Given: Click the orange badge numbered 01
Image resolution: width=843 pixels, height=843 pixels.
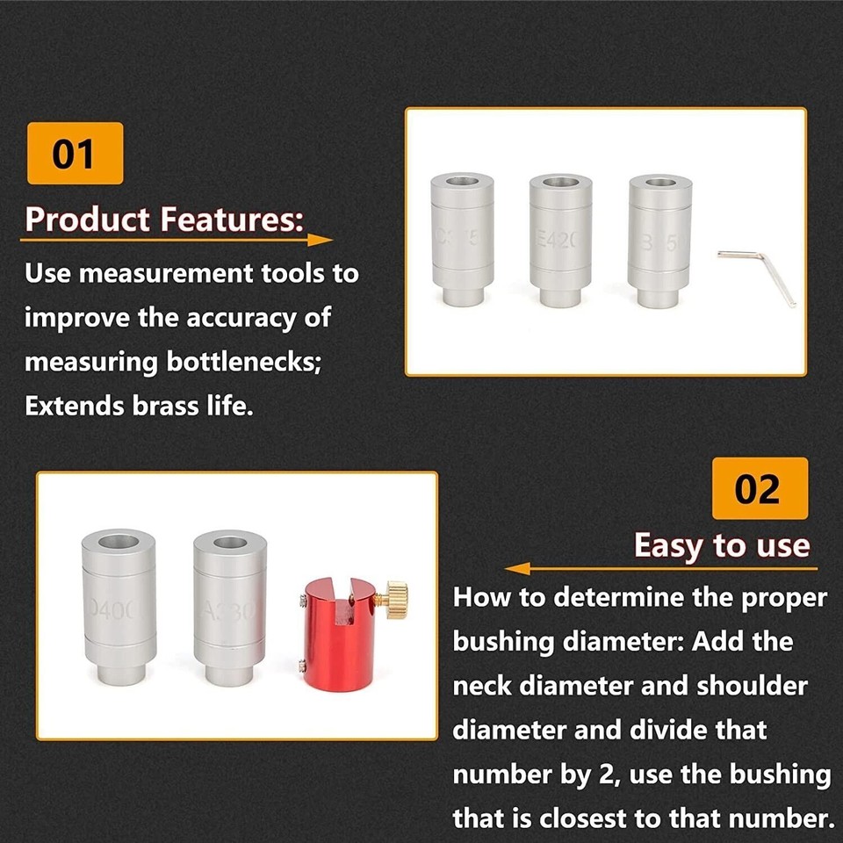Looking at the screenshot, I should coord(75,154).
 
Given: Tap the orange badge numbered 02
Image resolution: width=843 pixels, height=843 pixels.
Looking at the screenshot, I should coord(759,488).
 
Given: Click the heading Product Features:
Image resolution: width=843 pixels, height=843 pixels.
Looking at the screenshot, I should coord(164,219).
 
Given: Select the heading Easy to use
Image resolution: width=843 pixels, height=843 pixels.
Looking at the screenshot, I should coord(720,545).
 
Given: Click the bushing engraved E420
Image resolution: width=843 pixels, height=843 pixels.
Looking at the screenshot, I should coord(561,239).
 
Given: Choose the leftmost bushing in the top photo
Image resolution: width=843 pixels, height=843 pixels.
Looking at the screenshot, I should coord(461,239).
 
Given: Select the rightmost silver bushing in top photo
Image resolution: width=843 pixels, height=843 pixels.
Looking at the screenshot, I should coord(660,239).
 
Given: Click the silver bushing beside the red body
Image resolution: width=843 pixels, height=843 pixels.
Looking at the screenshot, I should coord(229,609).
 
